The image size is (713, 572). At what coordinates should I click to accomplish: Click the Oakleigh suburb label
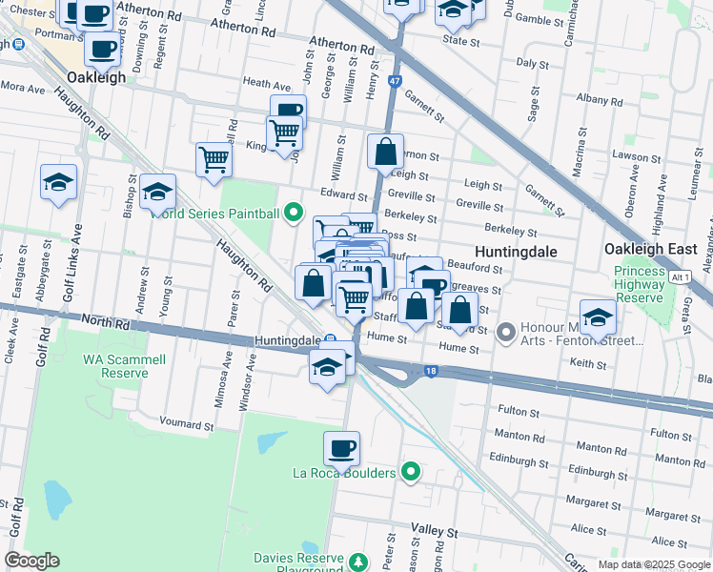point(96,77)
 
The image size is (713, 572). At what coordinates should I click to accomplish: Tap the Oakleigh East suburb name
point(651,249)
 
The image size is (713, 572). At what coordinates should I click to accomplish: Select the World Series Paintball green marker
point(294,213)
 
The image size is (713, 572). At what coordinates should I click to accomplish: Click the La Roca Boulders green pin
point(411,472)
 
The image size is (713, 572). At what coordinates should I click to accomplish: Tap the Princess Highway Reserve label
point(640,285)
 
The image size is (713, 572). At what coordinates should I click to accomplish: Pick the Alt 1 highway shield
point(680,276)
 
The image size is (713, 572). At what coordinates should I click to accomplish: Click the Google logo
point(31,561)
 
